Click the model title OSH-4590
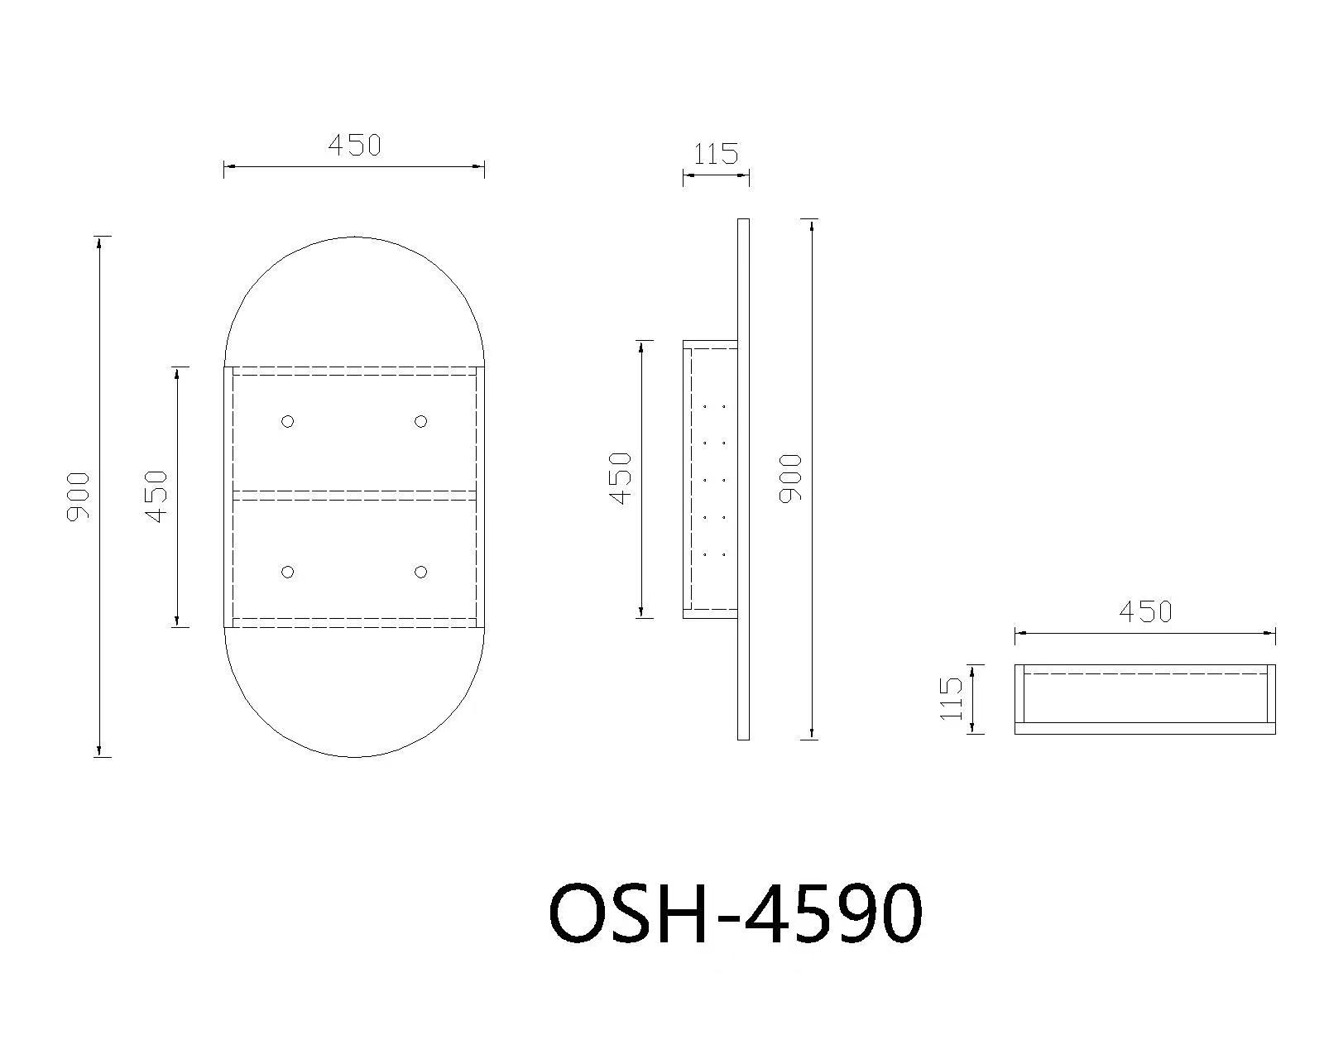[x=735, y=913]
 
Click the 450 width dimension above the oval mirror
[x=354, y=146]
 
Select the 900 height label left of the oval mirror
[x=78, y=496]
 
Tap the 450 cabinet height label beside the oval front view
[x=157, y=496]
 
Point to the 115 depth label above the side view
[x=716, y=154]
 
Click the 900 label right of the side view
[x=790, y=479]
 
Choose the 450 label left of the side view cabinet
[x=621, y=478]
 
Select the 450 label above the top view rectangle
[x=1145, y=611]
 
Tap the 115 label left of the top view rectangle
[x=951, y=698]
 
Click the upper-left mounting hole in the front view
[x=287, y=421]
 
